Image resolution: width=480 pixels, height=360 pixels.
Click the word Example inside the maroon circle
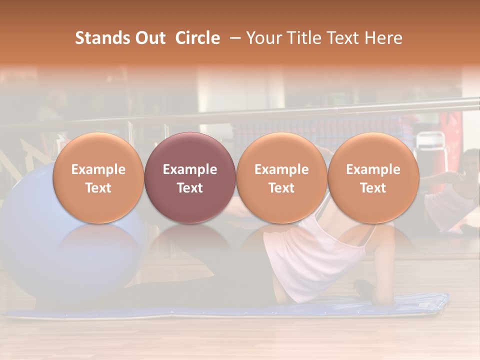click(190, 169)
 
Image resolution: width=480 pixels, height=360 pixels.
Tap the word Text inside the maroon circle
click(190, 188)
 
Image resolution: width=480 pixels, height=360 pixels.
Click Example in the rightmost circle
click(373, 169)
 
